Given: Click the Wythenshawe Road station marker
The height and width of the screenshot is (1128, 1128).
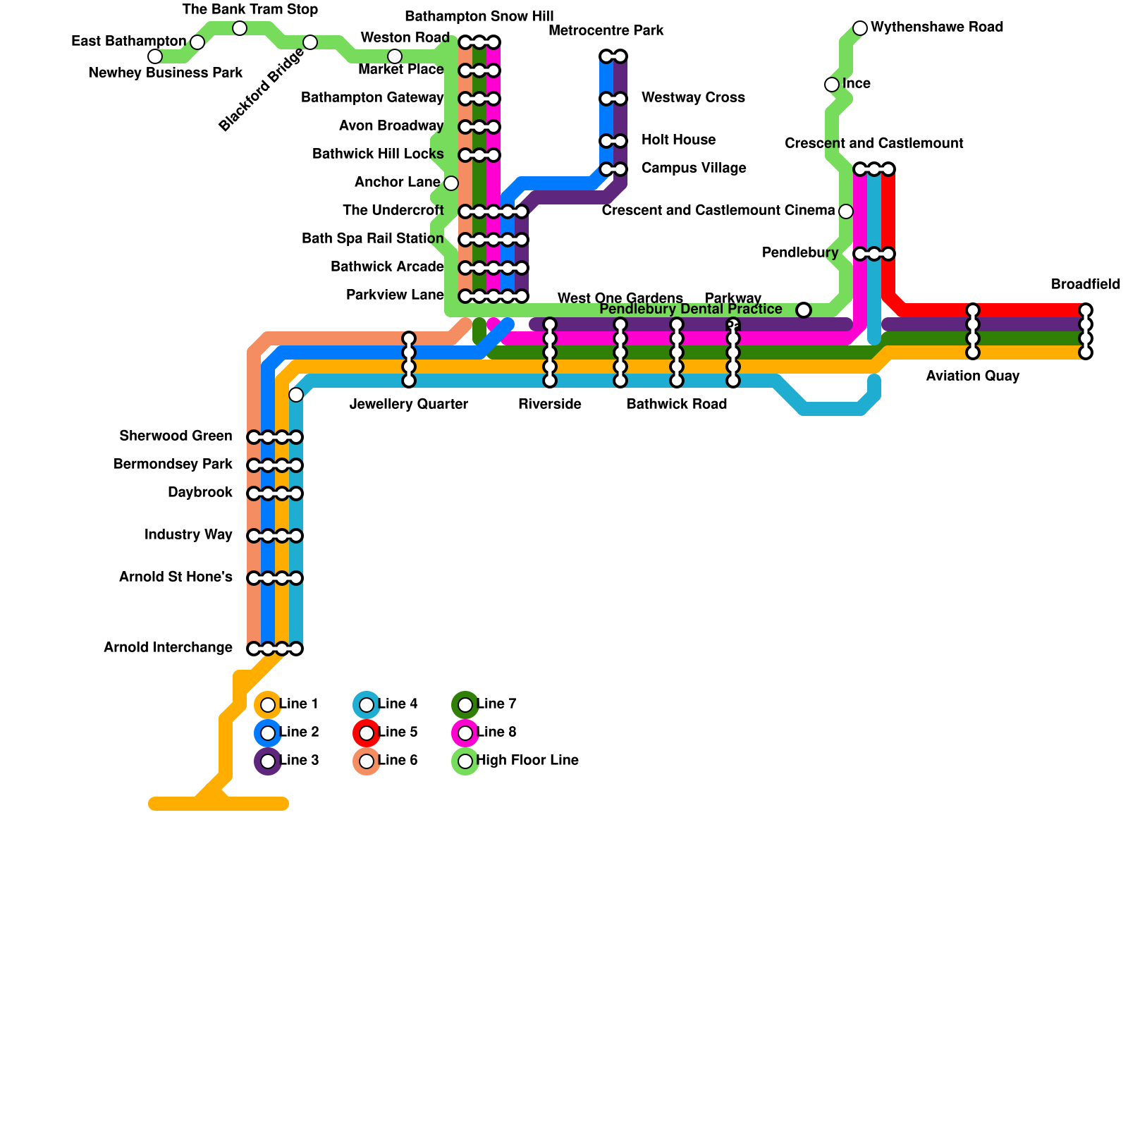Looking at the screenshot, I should point(860,28).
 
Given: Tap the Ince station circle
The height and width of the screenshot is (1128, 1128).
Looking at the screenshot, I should point(832,85).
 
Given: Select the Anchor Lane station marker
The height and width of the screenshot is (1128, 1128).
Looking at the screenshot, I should point(451,183).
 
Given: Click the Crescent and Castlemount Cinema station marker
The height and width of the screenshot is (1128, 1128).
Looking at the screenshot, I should point(846,211).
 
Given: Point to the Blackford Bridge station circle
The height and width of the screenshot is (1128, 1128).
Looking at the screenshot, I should point(310,42).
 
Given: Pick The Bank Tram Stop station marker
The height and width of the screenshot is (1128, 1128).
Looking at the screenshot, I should point(240,28).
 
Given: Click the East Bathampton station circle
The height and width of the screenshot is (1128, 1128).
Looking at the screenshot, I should point(197,42).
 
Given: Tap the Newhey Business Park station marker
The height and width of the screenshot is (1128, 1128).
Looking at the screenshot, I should point(155,56).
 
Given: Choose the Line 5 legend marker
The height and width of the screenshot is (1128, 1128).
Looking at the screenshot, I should point(367,733).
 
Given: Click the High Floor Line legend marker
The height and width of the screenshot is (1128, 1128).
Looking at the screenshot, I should point(465,761).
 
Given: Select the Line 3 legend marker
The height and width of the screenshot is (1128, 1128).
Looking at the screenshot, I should point(268,761).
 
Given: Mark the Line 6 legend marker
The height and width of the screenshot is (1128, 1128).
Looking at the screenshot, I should point(367,761).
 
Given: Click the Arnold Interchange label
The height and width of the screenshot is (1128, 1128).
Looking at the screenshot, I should point(168,648).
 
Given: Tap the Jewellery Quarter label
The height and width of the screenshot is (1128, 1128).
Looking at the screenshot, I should point(409,405).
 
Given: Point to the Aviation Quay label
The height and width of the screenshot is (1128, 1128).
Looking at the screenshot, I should point(972,376).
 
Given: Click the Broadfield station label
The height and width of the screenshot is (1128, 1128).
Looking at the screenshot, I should point(1085,285).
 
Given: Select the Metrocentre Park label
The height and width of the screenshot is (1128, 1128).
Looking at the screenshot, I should point(606,31).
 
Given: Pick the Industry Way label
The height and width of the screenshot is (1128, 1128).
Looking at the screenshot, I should point(188,535).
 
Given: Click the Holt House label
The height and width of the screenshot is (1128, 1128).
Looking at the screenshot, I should point(678,140).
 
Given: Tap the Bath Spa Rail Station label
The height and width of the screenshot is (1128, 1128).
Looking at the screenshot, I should point(372,239).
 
